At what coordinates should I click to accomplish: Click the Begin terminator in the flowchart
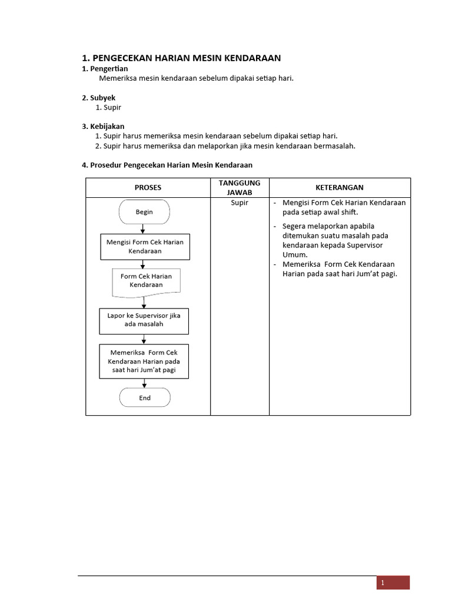coord(144,212)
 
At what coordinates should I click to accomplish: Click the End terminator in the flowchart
coord(145,397)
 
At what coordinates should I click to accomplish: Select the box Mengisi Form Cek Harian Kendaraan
coord(145,246)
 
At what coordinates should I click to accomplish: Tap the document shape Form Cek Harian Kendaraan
coord(146,281)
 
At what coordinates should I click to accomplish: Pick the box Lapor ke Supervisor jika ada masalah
coord(144,320)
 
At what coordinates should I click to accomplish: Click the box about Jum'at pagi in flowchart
coord(144,361)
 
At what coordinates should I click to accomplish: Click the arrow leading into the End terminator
coord(144,383)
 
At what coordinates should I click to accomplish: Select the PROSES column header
coord(148,187)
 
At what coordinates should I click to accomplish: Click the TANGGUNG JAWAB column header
coord(240,187)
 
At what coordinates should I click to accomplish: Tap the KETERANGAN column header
coord(340,187)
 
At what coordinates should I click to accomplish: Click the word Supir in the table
coord(240,203)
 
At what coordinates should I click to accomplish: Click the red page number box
coord(393,582)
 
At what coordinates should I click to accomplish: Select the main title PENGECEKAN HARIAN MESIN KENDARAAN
coord(181,58)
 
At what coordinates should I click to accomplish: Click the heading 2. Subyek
coord(98,98)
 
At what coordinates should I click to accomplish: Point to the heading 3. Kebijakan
coord(103,126)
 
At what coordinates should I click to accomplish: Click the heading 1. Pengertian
coord(104,69)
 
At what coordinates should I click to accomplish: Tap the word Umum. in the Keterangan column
coord(295,254)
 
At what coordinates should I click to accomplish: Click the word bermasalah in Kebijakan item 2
coord(334,145)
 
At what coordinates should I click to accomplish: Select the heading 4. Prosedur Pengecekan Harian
coord(167,165)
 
